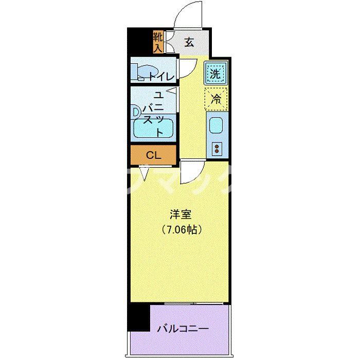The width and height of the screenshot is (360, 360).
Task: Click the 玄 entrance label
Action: (x=189, y=43)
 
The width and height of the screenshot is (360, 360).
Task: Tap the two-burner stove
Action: (x=217, y=149)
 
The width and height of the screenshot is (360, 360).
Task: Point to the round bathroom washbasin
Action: (x=136, y=111)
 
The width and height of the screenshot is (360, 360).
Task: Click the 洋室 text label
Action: (x=179, y=213)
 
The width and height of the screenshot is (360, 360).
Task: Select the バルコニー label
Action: (x=183, y=327)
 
